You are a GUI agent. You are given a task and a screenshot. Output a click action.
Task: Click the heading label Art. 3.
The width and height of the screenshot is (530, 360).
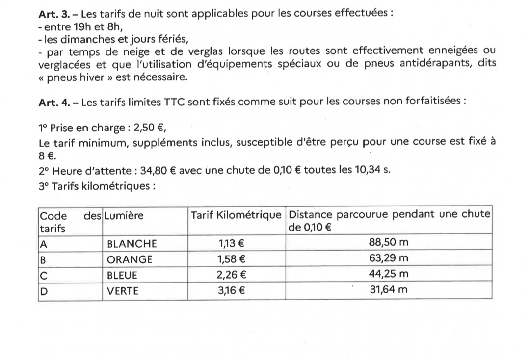click(x=52, y=13)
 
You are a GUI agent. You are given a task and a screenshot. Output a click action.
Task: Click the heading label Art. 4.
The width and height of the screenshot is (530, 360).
click(x=52, y=103)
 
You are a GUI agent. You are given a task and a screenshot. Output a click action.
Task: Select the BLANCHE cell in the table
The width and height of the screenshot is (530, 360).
click(x=132, y=243)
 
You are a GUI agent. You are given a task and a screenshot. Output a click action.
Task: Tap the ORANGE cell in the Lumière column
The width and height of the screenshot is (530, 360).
click(x=130, y=259)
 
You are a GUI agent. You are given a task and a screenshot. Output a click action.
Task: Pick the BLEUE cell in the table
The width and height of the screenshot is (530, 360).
click(x=122, y=275)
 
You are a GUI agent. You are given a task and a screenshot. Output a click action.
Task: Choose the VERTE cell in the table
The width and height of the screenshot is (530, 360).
click(x=123, y=291)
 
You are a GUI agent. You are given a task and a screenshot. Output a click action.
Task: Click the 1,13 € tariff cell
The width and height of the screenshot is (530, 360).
click(x=232, y=242)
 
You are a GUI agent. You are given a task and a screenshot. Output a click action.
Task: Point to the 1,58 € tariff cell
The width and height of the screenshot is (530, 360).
click(x=232, y=258)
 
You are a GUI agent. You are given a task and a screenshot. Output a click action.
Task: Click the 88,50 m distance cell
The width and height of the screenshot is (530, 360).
click(x=388, y=242)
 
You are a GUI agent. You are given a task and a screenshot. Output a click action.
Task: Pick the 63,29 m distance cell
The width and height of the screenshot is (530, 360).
click(x=388, y=258)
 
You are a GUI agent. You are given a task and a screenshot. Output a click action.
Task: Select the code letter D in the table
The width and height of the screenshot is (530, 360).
click(x=43, y=291)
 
